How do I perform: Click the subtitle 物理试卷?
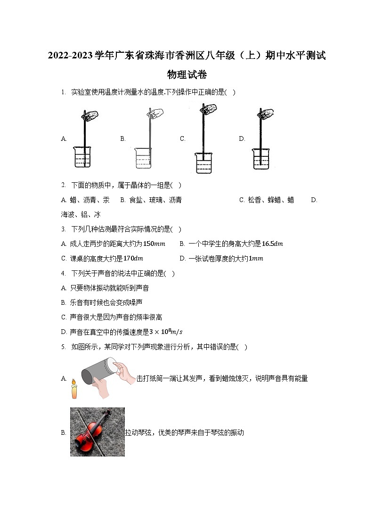(187, 75)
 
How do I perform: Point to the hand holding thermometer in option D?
(268, 113)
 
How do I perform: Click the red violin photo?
(98, 431)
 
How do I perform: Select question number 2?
(63, 185)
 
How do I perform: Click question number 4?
(63, 273)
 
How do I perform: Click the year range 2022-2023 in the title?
(70, 56)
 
